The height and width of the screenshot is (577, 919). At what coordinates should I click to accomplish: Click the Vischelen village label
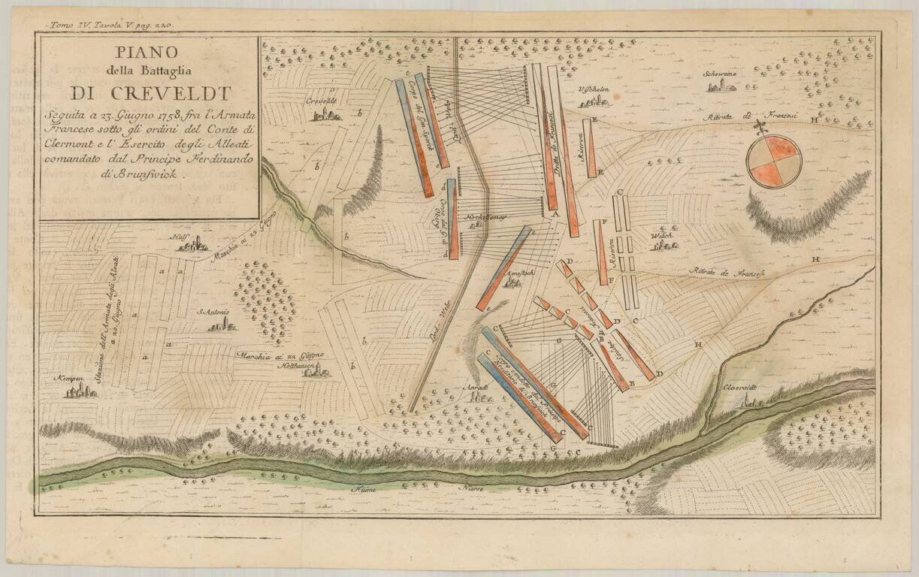(593, 88)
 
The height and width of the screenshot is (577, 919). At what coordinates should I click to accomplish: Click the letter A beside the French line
(556, 214)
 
